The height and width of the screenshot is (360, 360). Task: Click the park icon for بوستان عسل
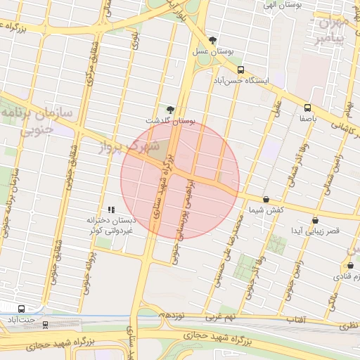click(213, 40)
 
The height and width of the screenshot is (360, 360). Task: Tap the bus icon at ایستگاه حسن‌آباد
click(241, 70)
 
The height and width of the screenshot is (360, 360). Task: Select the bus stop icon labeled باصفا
click(307, 108)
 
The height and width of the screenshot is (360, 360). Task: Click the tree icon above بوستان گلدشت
click(170, 109)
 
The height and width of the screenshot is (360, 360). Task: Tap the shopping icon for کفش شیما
click(266, 200)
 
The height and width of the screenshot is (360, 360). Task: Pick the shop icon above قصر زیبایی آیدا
click(315, 220)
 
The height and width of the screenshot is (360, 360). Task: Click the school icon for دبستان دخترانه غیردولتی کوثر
click(110, 209)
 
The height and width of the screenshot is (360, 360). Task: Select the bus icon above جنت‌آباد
click(21, 308)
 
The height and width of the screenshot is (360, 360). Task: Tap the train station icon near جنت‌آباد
click(46, 324)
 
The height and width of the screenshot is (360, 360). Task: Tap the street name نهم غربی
click(227, 318)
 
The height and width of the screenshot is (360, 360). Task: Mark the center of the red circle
click(180, 180)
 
